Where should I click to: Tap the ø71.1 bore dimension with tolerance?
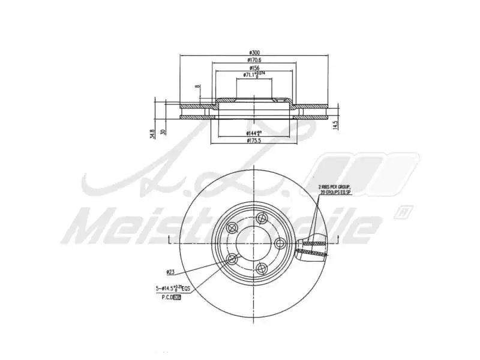point(254,74)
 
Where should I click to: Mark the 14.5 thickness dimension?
point(335,124)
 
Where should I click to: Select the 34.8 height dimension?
point(153,133)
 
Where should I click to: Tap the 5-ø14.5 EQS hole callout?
point(173,289)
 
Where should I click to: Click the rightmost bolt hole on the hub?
point(279,243)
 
